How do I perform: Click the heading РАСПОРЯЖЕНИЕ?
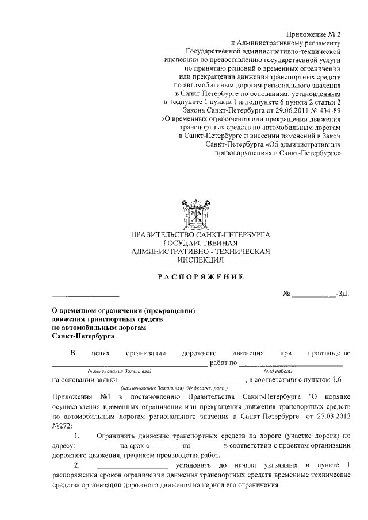pyautogui.click(x=201, y=277)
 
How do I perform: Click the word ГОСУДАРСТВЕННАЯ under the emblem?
pyautogui.click(x=201, y=243)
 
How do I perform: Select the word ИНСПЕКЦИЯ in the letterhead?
pyautogui.click(x=201, y=260)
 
